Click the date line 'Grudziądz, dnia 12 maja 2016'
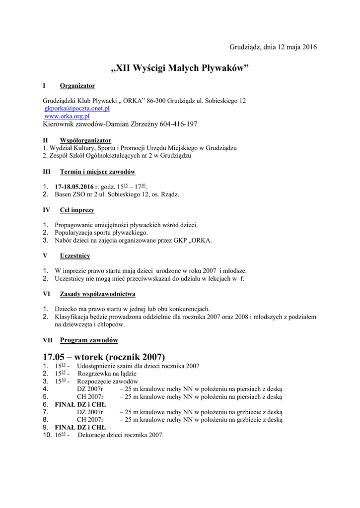[273, 47]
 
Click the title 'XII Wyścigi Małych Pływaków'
[180, 68]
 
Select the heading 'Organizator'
[77, 86]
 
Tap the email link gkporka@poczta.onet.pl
[77, 108]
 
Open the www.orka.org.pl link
[67, 116]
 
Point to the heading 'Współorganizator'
[85, 140]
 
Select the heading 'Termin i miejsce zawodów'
[97, 172]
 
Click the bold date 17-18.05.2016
[74, 187]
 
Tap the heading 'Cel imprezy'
[77, 210]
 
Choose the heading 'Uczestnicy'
[75, 256]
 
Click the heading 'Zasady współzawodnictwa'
[97, 294]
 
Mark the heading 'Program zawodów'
[89, 340]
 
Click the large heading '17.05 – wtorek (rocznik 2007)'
[104, 357]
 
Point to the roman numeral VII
[48, 340]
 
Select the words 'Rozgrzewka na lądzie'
[107, 374]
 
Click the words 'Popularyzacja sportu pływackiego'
[101, 233]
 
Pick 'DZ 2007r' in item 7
[90, 412]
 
